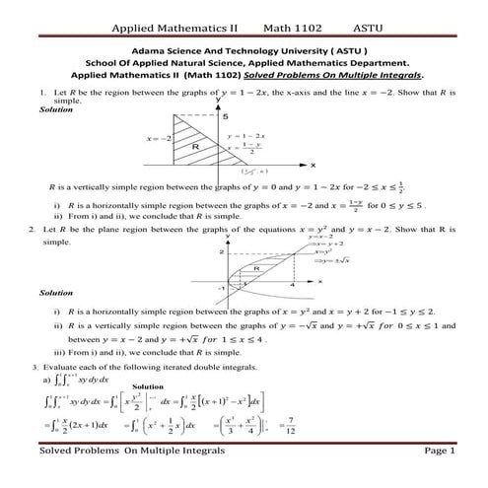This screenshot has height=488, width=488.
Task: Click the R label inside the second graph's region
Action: point(255,268)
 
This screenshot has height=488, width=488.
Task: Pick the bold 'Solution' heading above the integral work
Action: point(147,386)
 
